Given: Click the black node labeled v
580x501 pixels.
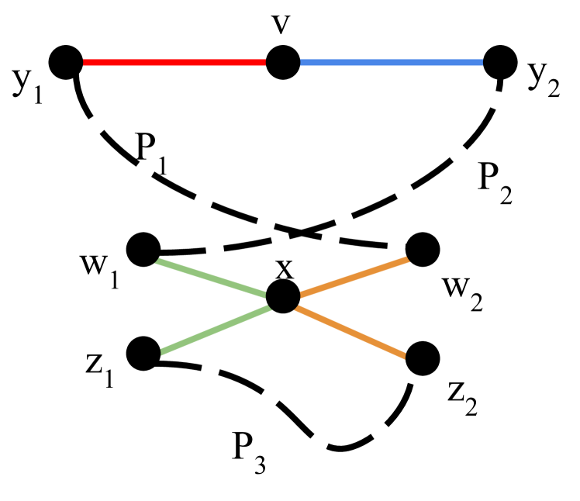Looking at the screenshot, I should coord(283,63).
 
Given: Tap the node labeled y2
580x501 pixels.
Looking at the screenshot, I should coord(500,63).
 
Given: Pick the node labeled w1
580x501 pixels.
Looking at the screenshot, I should coord(143,250).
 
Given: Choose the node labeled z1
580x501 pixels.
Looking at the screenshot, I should coord(143,354).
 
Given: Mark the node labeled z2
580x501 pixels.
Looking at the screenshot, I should coord(423,357).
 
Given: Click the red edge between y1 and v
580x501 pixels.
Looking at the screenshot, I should coord(174,63).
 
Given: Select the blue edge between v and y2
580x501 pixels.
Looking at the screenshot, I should coord(392,63).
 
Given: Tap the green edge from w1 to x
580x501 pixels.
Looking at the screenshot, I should coord(213,274).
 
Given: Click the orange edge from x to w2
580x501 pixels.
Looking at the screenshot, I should coord(353,274).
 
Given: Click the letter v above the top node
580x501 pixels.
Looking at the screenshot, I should coord(283,25).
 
